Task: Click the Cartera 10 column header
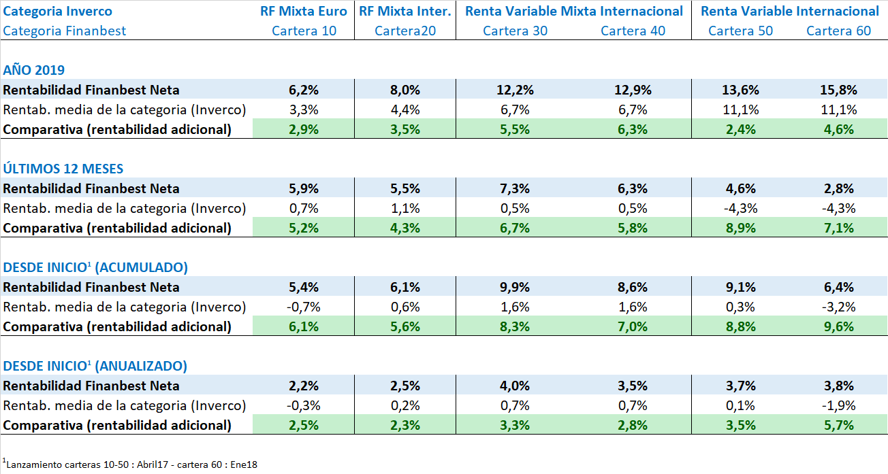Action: point(304,31)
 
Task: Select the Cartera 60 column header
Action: point(838,31)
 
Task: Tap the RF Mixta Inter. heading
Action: point(405,11)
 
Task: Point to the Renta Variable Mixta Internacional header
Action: point(573,11)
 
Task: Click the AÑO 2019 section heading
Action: point(34,70)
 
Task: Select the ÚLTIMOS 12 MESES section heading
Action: point(54,169)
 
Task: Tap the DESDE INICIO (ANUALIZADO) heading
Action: point(95,366)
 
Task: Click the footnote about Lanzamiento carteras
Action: point(131,464)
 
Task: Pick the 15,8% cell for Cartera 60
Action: point(838,90)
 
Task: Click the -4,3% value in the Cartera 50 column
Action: point(740,208)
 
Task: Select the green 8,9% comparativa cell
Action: point(740,228)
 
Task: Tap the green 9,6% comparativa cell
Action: point(838,326)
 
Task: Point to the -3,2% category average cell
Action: point(838,307)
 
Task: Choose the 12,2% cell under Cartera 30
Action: point(515,90)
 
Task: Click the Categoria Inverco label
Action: point(58,11)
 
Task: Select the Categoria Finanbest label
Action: point(65,31)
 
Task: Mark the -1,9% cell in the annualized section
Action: point(838,405)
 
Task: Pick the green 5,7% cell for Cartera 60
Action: point(838,425)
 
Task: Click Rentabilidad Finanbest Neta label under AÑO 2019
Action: point(91,90)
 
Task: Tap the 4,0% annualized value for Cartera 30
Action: point(515,386)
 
